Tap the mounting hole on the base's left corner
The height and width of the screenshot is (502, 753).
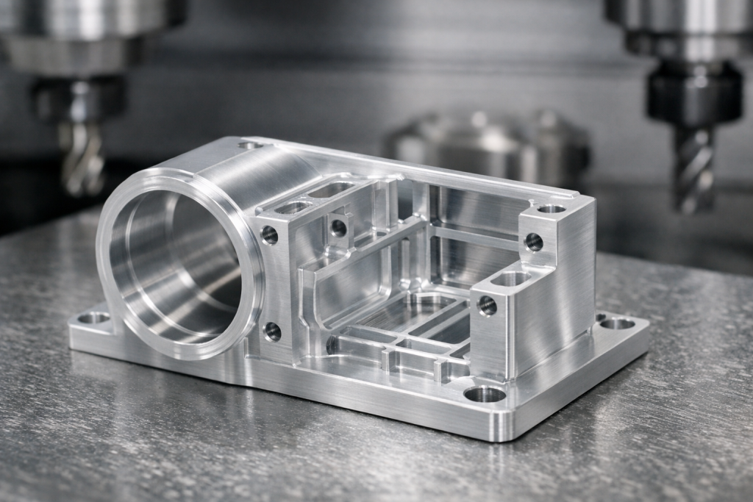[93, 318]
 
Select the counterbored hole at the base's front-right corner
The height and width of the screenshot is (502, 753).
[485, 395]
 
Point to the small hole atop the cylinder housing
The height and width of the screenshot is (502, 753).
[250, 146]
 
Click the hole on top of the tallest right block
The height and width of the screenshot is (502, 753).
[551, 209]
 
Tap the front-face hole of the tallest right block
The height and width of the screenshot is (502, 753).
[533, 242]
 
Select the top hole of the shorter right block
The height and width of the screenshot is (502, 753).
[510, 279]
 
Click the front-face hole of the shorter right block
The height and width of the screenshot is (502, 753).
[487, 305]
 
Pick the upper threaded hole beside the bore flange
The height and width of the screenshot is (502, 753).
[270, 234]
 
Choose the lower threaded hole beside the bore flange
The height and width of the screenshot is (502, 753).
[272, 331]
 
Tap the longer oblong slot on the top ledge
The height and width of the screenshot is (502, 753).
[330, 190]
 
